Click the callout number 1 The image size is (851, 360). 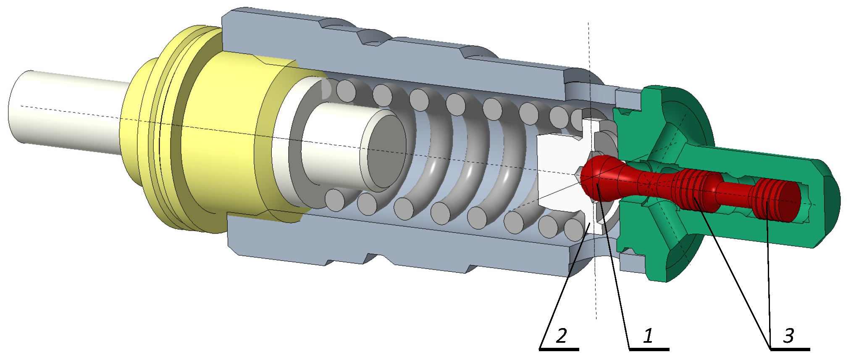(x=648, y=336)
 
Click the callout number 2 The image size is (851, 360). (x=561, y=336)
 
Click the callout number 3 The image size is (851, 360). (x=789, y=336)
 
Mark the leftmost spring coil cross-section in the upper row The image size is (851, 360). (x=346, y=91)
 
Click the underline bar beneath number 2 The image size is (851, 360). (x=559, y=349)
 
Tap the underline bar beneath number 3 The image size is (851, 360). (x=790, y=349)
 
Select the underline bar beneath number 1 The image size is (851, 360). (x=649, y=349)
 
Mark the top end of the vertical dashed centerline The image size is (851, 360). (x=588, y=24)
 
